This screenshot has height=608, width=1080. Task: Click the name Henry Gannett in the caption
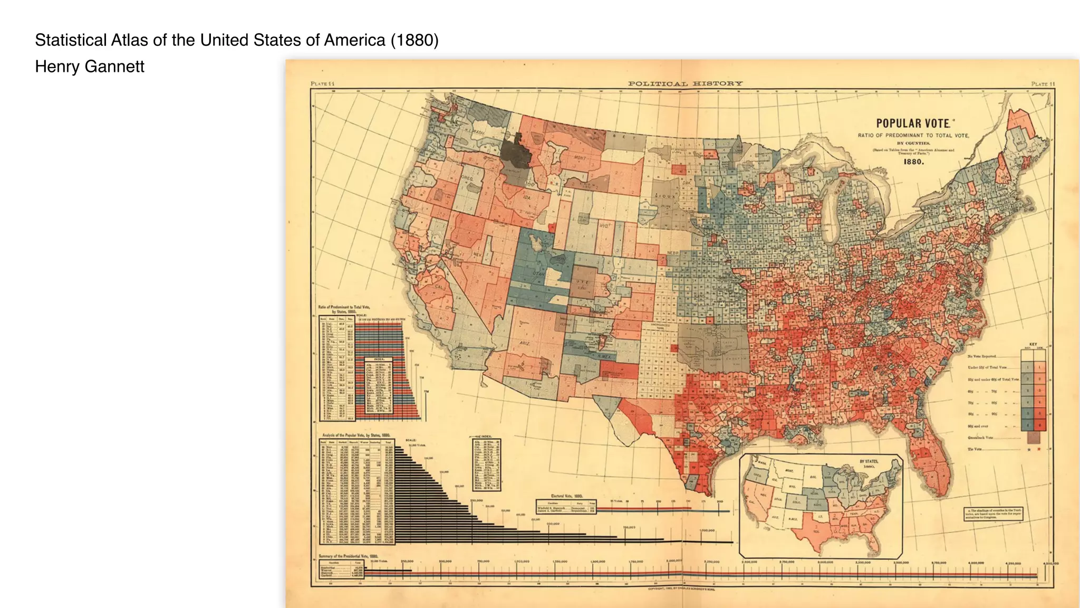click(x=90, y=66)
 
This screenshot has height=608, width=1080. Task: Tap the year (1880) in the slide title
click(x=414, y=40)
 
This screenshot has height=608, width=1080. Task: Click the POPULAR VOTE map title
click(x=913, y=123)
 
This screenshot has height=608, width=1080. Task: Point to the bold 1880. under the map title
click(x=914, y=161)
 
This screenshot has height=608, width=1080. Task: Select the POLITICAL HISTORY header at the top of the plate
click(x=685, y=83)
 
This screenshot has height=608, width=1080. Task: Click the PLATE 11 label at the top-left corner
click(x=323, y=83)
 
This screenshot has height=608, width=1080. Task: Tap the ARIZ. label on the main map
click(x=524, y=343)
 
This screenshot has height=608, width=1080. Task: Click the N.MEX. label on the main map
click(x=605, y=356)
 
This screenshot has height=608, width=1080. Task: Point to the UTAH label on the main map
click(x=538, y=274)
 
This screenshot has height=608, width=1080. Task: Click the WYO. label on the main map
click(x=604, y=226)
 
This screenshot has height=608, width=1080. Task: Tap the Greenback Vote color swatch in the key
click(x=1034, y=438)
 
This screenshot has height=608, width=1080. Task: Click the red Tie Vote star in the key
click(x=1039, y=449)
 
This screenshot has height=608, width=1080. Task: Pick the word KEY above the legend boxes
click(x=1033, y=344)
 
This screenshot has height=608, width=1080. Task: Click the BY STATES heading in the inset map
click(x=869, y=462)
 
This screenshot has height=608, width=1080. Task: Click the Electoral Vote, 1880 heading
click(x=567, y=496)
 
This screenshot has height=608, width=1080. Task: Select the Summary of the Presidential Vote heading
click(x=349, y=556)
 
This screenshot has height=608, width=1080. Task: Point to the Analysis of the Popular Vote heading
click(x=356, y=435)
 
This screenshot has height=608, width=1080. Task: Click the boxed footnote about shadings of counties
click(x=994, y=514)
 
